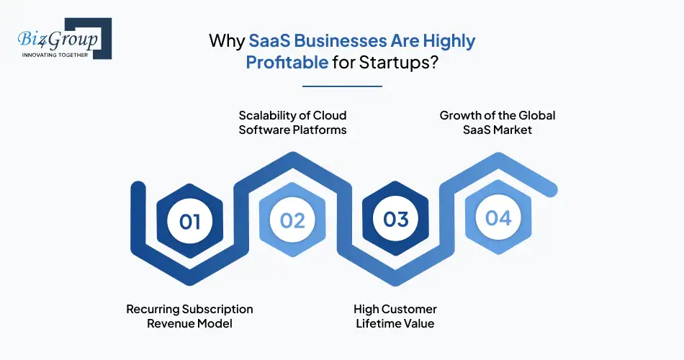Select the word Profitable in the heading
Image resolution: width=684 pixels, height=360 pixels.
click(287, 62)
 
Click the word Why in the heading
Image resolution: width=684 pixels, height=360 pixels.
click(226, 40)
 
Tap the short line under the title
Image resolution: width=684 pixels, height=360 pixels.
click(342, 86)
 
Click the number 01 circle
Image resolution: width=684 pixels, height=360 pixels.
click(190, 220)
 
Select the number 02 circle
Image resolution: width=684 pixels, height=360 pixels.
click(293, 220)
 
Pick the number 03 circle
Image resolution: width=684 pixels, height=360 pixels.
click(396, 220)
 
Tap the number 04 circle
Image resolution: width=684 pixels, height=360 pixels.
click(498, 217)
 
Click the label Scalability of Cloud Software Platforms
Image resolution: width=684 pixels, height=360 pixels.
click(293, 122)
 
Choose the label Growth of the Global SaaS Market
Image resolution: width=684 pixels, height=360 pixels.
click(498, 122)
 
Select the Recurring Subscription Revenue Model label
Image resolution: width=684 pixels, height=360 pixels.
click(190, 316)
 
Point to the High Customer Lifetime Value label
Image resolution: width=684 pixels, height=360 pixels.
click(395, 316)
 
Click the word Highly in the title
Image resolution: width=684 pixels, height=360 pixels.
click(449, 40)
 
